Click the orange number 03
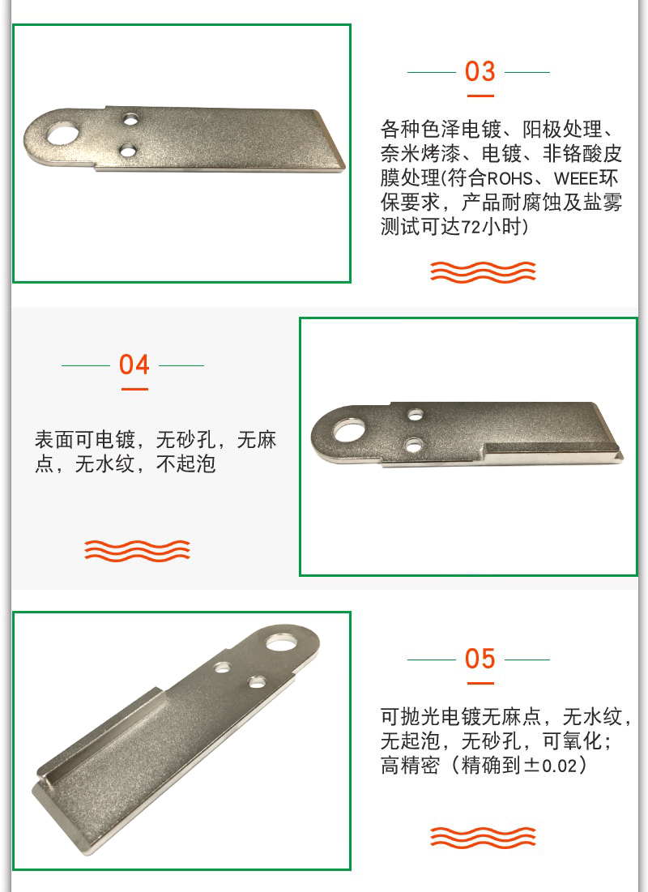[x=480, y=71]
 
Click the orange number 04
[x=134, y=365]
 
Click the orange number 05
[x=480, y=659]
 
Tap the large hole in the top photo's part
[x=62, y=134]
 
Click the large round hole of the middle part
[x=349, y=431]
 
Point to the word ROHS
[x=509, y=178]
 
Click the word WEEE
[x=574, y=178]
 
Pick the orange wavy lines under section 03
[x=483, y=272]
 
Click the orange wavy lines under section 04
[x=137, y=551]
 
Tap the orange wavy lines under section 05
[x=483, y=837]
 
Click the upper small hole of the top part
[x=131, y=120]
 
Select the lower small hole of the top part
[x=129, y=151]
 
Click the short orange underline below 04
[x=134, y=389]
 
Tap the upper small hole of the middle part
[x=416, y=413]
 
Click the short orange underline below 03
[x=480, y=96]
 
